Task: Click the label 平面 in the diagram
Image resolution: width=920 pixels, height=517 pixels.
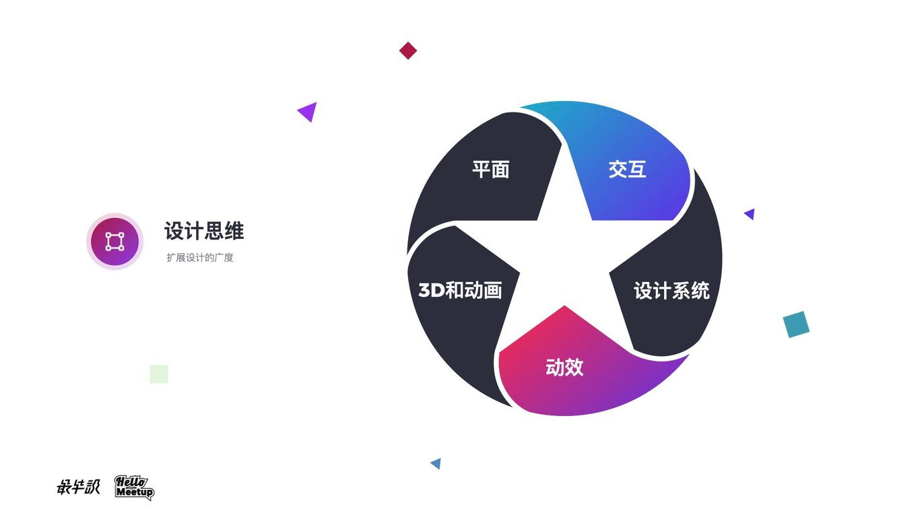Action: [490, 169]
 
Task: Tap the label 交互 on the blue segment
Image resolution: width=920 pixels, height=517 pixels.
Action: [627, 169]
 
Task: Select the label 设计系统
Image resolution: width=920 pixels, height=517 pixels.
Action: [671, 291]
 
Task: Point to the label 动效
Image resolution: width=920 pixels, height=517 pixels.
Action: [564, 368]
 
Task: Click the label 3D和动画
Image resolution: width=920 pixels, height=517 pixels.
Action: [460, 291]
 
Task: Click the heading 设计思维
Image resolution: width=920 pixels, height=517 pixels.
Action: [204, 231]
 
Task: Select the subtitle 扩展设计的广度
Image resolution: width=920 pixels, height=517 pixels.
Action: [200, 258]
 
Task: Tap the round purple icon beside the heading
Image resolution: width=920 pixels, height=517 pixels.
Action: [114, 241]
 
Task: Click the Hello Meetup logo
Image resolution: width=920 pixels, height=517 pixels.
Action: [134, 487]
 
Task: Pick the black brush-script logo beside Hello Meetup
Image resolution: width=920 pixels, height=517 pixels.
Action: [78, 487]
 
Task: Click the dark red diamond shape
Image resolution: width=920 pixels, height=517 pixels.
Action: [408, 50]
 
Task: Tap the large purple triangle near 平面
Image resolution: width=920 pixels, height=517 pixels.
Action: [308, 111]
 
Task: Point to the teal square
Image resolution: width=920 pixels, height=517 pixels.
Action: [796, 324]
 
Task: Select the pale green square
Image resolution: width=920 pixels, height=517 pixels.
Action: [159, 374]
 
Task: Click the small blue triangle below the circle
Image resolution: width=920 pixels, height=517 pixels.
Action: [436, 463]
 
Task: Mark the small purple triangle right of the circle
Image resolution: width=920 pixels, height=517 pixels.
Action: [750, 214]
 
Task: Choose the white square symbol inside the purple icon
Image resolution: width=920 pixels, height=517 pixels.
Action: [114, 241]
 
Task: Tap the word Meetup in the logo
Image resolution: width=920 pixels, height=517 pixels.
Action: [135, 493]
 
